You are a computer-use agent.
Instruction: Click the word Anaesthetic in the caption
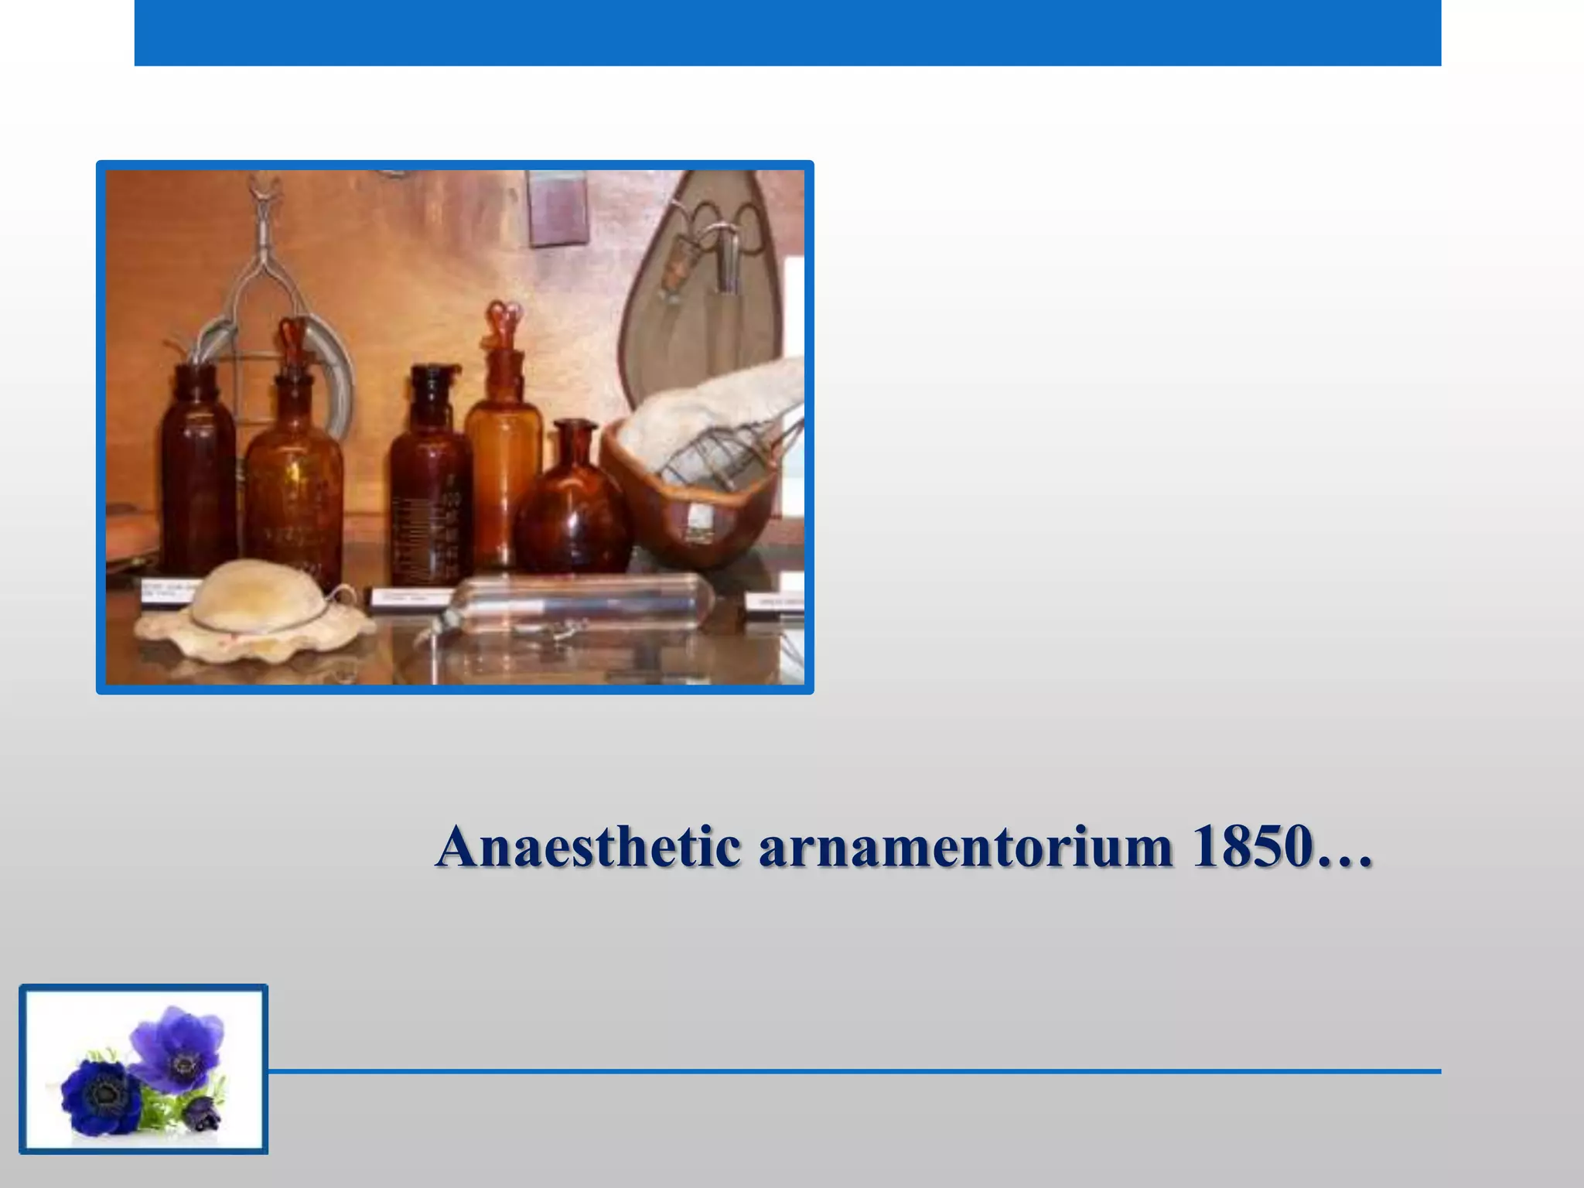coord(588,847)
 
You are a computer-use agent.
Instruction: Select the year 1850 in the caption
coord(1254,847)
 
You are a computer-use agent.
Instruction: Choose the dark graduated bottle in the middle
coord(429,480)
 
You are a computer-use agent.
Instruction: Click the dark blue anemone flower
coord(101,1094)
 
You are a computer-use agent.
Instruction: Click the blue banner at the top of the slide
coord(787,32)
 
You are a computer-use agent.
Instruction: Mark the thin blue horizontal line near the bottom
coord(851,1071)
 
